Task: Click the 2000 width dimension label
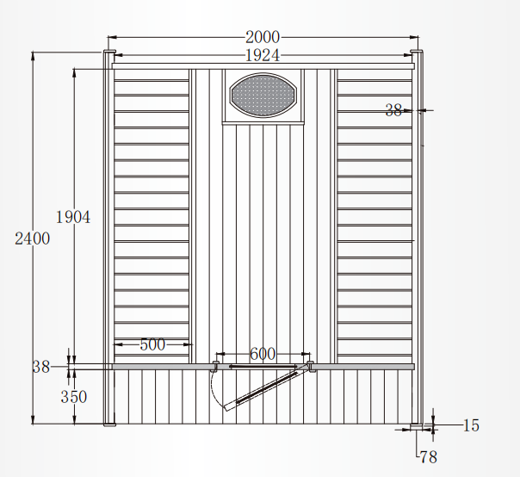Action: click(x=262, y=37)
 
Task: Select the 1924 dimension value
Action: click(x=262, y=55)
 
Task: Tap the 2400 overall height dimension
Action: click(x=33, y=239)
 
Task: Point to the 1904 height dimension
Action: click(x=73, y=217)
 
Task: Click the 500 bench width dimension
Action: click(x=152, y=344)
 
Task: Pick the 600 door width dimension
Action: click(x=263, y=354)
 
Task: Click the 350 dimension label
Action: click(x=73, y=397)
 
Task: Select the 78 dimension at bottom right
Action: click(x=428, y=457)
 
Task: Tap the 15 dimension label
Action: click(x=470, y=425)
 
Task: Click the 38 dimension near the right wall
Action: click(x=393, y=109)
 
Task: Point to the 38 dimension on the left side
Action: click(x=41, y=366)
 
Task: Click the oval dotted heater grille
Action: click(x=263, y=94)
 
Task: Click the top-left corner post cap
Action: click(x=108, y=54)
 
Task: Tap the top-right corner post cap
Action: click(x=417, y=54)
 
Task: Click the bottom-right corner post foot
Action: click(x=417, y=425)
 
